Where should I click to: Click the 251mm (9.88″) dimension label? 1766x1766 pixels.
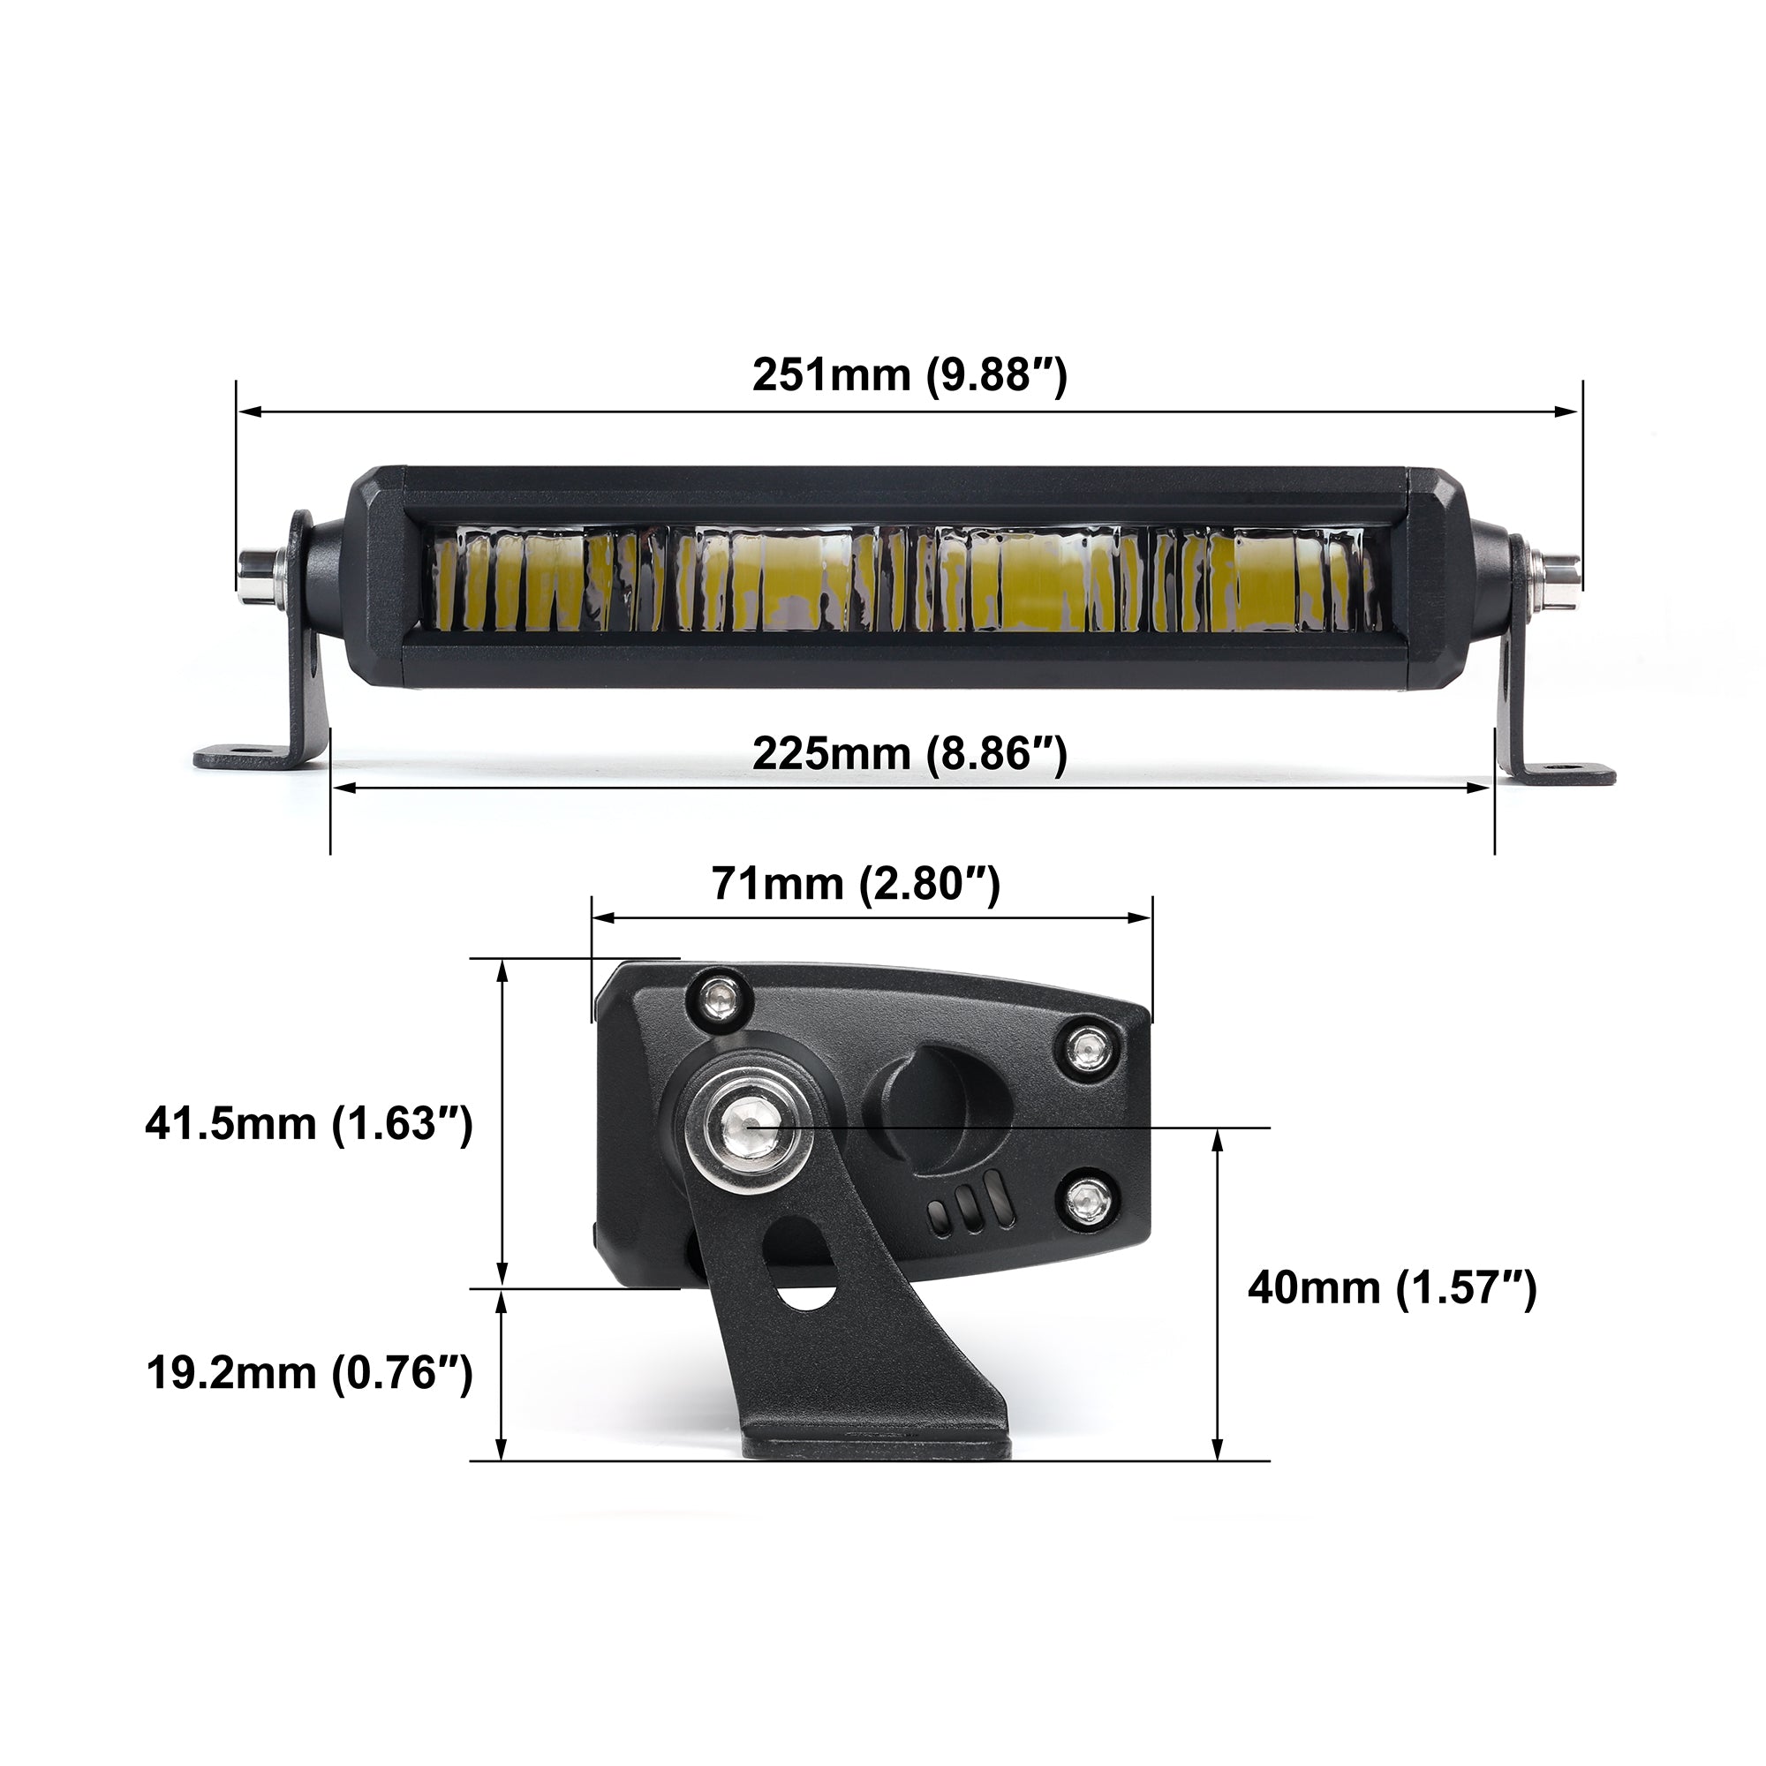click(909, 375)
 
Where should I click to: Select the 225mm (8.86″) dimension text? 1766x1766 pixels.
click(909, 755)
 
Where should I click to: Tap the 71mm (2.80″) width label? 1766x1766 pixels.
click(856, 885)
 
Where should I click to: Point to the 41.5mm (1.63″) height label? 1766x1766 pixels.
click(309, 1123)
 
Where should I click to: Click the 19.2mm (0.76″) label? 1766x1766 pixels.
click(309, 1373)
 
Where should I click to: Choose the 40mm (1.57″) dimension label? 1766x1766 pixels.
click(1392, 1288)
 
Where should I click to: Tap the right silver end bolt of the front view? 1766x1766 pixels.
click(1558, 573)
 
